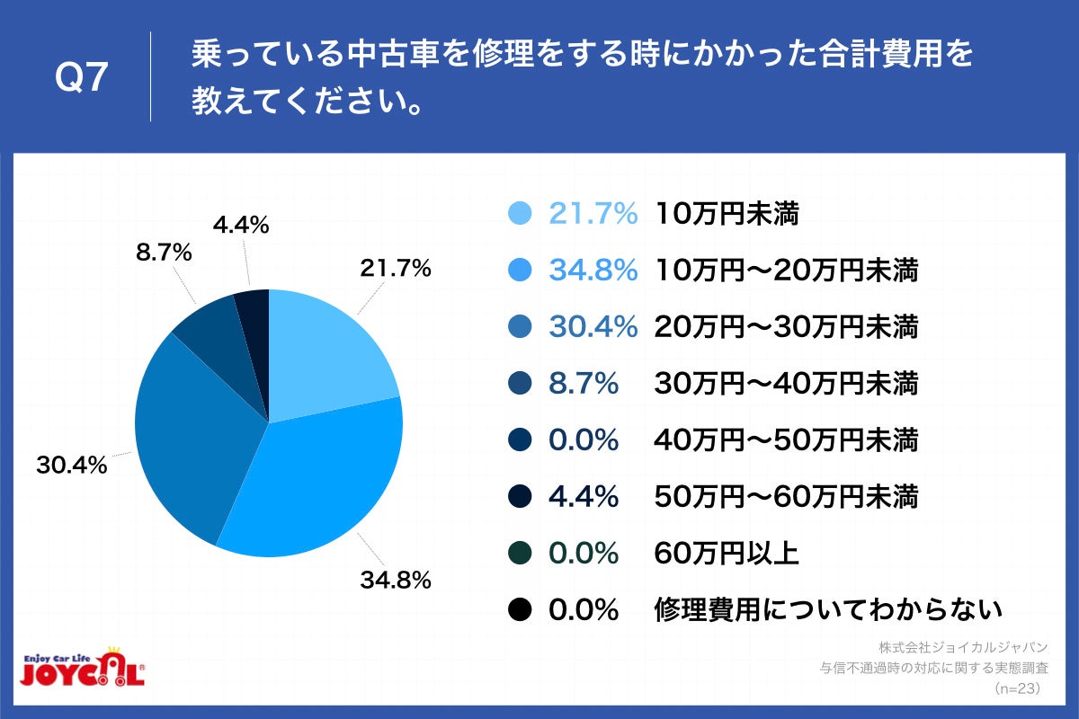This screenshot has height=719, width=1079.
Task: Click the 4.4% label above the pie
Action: point(241,226)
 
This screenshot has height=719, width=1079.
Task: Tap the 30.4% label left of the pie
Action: point(72,466)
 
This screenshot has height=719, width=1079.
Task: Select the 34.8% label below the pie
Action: point(396,580)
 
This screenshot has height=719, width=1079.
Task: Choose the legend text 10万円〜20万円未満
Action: point(787,270)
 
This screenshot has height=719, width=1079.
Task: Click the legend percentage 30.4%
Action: point(593,327)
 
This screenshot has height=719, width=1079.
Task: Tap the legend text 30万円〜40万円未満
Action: point(787,384)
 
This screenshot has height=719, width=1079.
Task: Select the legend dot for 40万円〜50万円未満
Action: point(520,440)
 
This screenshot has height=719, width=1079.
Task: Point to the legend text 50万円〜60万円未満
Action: point(787,497)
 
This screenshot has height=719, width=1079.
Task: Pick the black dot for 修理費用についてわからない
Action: point(520,610)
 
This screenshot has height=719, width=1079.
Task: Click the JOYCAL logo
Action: point(82,669)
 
